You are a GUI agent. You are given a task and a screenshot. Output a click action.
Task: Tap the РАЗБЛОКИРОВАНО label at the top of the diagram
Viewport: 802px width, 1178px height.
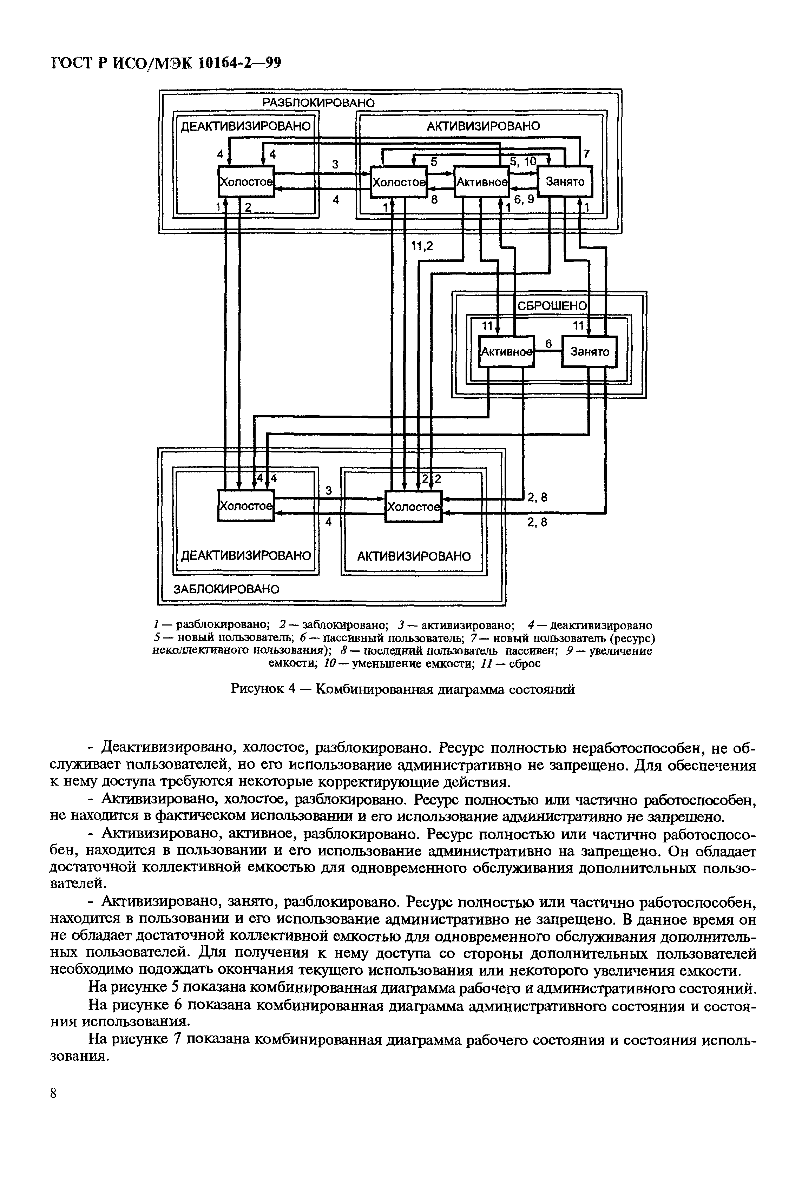318,103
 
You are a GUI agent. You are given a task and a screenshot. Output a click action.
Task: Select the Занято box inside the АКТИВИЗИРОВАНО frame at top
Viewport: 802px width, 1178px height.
565,181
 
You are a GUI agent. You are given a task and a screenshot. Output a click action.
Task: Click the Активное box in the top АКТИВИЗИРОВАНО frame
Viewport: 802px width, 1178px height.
481,181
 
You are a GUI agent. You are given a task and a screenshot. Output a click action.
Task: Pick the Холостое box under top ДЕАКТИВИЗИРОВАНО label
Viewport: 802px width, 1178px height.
245,181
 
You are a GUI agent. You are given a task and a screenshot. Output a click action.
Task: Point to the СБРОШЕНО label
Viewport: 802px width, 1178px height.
552,306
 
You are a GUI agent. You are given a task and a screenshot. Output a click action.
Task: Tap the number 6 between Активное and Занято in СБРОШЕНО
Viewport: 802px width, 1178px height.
548,344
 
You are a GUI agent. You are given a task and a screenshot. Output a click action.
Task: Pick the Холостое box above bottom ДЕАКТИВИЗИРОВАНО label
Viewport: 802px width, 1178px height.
245,505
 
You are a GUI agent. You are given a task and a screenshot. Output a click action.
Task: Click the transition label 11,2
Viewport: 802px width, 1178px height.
422,246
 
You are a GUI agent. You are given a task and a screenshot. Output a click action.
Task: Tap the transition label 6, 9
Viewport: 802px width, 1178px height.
524,200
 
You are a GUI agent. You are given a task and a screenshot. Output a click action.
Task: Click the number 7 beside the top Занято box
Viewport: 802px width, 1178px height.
586,154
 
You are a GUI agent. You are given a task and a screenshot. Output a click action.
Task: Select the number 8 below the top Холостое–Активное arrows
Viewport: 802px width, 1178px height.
434,200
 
